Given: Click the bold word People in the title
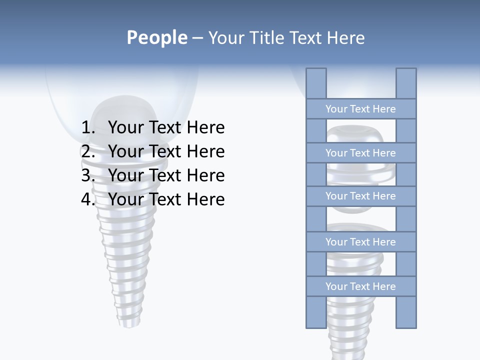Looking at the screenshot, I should [x=157, y=37].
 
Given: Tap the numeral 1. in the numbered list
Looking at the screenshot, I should [x=88, y=127].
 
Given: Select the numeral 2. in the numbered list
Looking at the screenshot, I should [x=88, y=151].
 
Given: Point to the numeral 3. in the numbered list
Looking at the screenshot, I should [x=88, y=175].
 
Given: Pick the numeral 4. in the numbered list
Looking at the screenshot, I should [x=88, y=199].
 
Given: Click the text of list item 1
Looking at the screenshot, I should [x=166, y=127].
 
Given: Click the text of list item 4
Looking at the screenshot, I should [x=166, y=199].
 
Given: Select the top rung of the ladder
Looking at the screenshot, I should [x=360, y=109].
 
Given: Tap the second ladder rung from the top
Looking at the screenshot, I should [x=360, y=153].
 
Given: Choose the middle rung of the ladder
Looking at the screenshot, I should [x=360, y=196].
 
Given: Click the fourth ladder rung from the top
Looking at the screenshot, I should [x=360, y=242].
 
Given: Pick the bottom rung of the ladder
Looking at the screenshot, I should [x=360, y=286].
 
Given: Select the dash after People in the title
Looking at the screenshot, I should [x=197, y=38].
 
